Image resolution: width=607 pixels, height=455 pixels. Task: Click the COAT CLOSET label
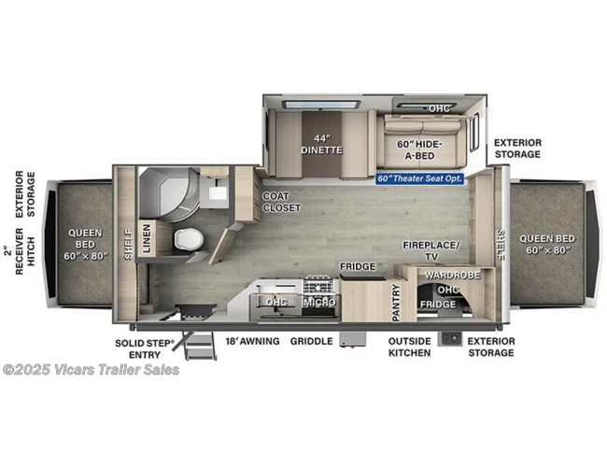point(281,201)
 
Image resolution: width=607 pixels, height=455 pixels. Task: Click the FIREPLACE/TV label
point(431,249)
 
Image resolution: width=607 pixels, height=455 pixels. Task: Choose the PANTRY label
point(395,297)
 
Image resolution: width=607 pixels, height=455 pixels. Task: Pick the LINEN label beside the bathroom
point(148,237)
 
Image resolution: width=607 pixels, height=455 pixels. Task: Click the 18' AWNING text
point(252,341)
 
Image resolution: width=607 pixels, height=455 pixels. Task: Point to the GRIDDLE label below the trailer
point(311,341)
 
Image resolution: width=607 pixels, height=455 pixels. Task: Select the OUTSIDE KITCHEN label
point(410,347)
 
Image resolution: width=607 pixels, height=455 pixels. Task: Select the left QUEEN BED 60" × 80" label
point(81,243)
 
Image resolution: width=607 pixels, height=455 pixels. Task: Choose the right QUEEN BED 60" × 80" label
point(547,244)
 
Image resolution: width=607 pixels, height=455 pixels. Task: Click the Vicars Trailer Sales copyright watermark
point(92,369)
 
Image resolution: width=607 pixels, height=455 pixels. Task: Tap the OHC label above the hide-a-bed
point(439,108)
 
